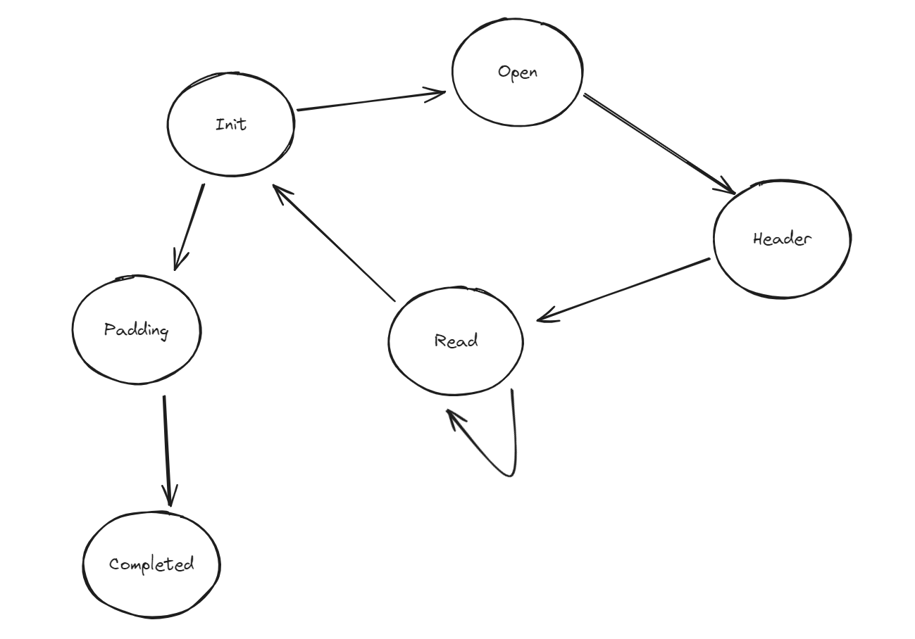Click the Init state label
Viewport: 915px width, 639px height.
pyautogui.click(x=231, y=125)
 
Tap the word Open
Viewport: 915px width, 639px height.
pyautogui.click(x=517, y=72)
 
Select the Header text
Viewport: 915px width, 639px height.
pyautogui.click(x=782, y=239)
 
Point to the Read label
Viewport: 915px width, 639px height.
pyautogui.click(x=456, y=341)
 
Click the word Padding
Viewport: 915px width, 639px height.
pyautogui.click(x=137, y=329)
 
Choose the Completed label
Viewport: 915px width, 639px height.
pyautogui.click(x=151, y=564)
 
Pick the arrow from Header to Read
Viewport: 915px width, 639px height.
pyautogui.click(x=623, y=290)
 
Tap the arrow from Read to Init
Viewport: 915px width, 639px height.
pyautogui.click(x=335, y=243)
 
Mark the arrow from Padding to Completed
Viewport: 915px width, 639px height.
pyautogui.click(x=167, y=450)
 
